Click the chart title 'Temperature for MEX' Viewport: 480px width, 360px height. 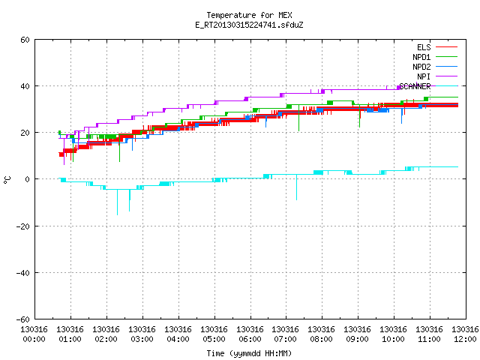coord(249,15)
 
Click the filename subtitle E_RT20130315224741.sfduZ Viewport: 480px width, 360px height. coord(249,25)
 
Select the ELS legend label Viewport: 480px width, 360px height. coord(424,47)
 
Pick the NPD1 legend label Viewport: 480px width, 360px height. coord(421,57)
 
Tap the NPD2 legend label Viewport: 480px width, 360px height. coord(421,67)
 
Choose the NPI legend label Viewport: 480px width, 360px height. coord(424,76)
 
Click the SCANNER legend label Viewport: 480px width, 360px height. coord(415,86)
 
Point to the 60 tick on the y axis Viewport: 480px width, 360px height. coord(25,40)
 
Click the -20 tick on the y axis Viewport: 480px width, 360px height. coord(23,226)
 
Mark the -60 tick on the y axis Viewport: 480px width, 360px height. coord(23,319)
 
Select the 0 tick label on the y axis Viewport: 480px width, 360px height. coord(27,179)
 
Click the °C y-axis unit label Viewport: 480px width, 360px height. coord(7,180)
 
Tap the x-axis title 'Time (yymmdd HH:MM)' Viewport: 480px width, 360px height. coord(249,353)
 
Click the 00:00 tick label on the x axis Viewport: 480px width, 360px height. coord(34,339)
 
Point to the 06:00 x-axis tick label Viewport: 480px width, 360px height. coord(250,339)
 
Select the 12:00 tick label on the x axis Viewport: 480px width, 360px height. coord(465,339)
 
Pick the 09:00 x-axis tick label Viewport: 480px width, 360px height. coord(357,339)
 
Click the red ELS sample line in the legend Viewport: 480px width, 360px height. coord(447,47)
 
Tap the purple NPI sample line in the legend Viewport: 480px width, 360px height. coord(447,76)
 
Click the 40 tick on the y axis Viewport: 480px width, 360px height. coord(25,86)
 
